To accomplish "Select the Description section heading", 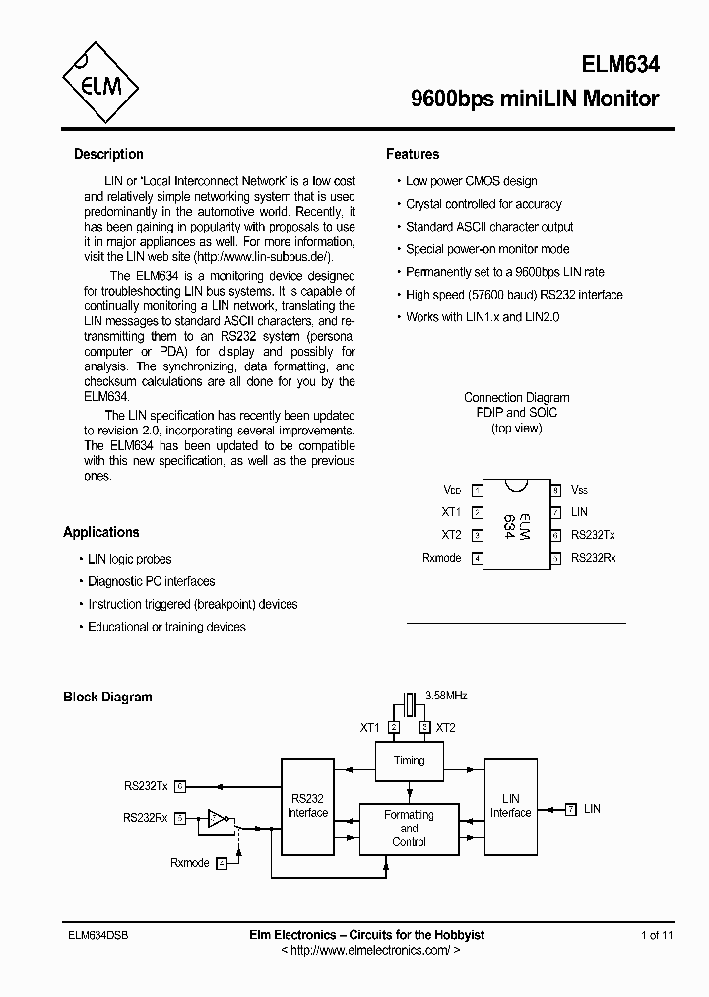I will pyautogui.click(x=108, y=154).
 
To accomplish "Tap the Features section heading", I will pyautogui.click(x=413, y=154).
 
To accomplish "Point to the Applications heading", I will pyautogui.click(x=101, y=532).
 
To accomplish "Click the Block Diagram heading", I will pyautogui.click(x=107, y=697).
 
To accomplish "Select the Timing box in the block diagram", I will pyautogui.click(x=409, y=761).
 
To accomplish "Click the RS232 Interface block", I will pyautogui.click(x=307, y=806).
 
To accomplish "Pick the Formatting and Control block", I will pyautogui.click(x=409, y=829).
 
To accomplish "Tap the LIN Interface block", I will pyautogui.click(x=510, y=806).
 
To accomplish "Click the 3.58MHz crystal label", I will pyautogui.click(x=445, y=696).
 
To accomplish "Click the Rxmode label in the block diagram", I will pyautogui.click(x=190, y=863).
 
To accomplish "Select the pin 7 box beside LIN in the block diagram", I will pyautogui.click(x=570, y=809).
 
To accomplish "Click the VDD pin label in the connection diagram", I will pyautogui.click(x=452, y=490).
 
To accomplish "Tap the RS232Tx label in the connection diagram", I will pyautogui.click(x=593, y=535).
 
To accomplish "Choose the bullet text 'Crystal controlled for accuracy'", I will pyautogui.click(x=483, y=204).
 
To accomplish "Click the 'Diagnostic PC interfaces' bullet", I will pyautogui.click(x=151, y=581).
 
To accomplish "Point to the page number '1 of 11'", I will pyautogui.click(x=657, y=934).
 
